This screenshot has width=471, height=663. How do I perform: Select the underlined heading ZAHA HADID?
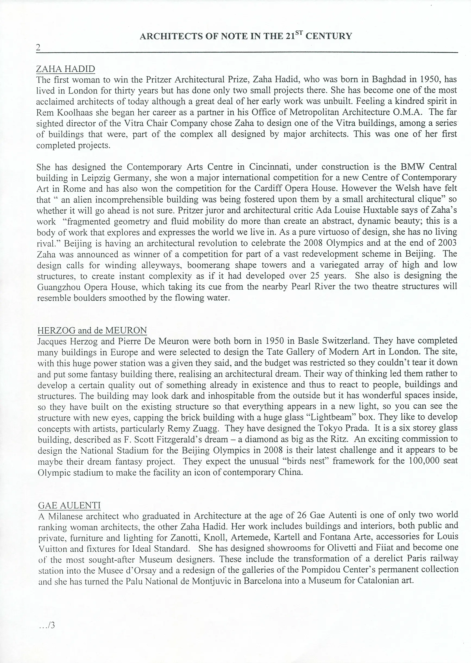click(65, 69)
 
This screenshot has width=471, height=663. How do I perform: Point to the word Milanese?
click(65, 516)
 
